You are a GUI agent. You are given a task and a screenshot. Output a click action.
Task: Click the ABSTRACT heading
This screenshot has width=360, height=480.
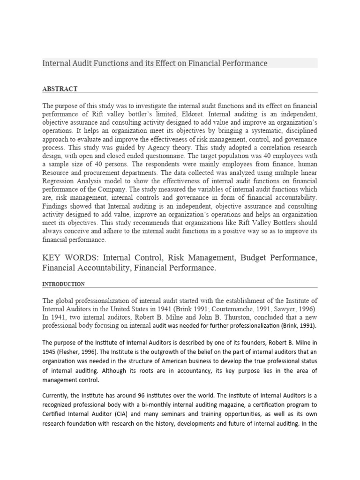coord(60,89)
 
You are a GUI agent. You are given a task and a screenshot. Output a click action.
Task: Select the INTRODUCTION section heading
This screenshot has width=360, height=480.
coord(64,284)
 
